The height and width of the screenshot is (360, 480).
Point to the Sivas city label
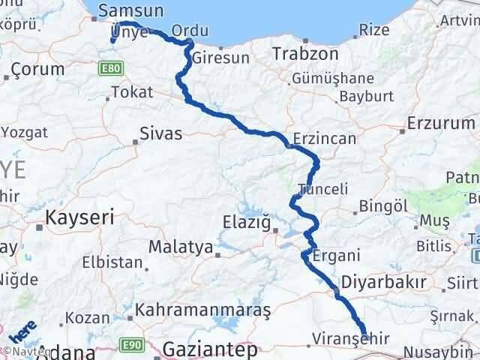(161, 135)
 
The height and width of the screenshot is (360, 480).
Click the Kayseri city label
(79, 218)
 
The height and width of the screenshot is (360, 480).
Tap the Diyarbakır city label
(383, 282)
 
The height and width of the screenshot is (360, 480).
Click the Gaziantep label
(209, 349)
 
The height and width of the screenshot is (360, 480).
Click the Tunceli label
(323, 189)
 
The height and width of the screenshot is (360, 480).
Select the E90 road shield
(132, 344)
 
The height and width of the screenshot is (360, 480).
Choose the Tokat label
(132, 92)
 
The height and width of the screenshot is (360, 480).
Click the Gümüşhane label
(334, 78)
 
